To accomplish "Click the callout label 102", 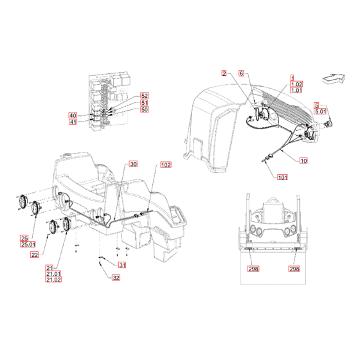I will tap(166, 165).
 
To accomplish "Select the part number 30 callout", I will tap(133, 165).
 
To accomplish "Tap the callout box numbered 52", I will tap(144, 95).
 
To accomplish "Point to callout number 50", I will tap(144, 110).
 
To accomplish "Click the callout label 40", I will tap(73, 115).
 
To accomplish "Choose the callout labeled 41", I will tap(73, 122).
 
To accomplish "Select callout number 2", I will tap(225, 74).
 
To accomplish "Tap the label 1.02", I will tap(296, 84).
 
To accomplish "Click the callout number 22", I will tap(35, 255).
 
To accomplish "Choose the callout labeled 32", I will tap(116, 278).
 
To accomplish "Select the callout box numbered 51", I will tap(144, 102).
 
